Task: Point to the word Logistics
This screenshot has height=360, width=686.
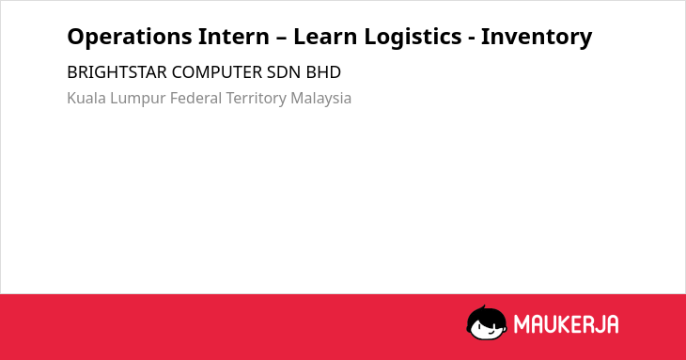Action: [x=413, y=38]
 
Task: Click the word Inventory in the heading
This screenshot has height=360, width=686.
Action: [x=537, y=38]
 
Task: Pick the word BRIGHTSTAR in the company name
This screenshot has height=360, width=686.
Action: [x=117, y=72]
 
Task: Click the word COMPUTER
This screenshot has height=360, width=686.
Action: [x=217, y=72]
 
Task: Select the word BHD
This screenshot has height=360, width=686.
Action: [x=323, y=72]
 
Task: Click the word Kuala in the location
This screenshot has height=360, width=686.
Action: [x=86, y=98]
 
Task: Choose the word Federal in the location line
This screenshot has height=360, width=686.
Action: [x=196, y=98]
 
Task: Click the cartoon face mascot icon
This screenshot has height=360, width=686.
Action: [x=487, y=323]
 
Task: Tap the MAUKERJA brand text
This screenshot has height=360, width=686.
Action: [x=566, y=324]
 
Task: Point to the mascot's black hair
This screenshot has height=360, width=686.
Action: [x=486, y=314]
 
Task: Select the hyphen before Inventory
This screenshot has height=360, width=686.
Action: [x=472, y=39]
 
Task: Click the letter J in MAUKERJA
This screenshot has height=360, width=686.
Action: [x=597, y=324]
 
